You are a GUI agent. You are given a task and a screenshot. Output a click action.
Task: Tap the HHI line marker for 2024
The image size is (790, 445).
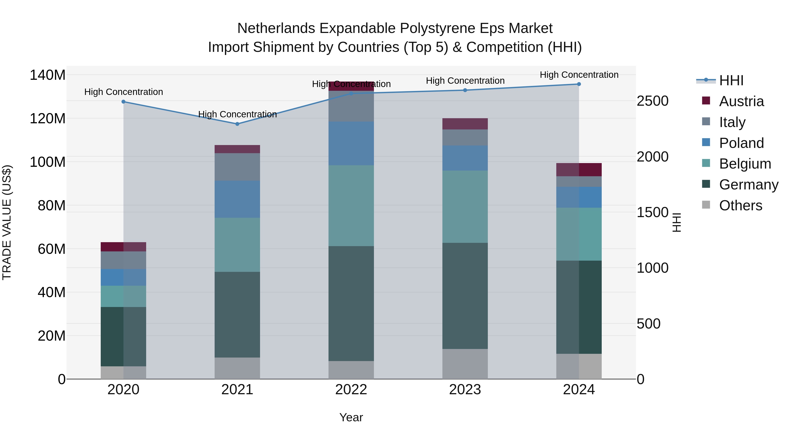(579, 84)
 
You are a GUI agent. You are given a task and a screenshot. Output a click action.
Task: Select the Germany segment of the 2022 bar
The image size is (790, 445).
(351, 303)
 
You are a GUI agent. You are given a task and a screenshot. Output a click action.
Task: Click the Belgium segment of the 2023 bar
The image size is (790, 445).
(465, 207)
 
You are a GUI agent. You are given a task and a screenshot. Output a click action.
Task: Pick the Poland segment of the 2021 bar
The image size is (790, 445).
(237, 199)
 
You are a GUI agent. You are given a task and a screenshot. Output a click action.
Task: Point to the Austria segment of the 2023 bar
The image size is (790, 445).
(465, 124)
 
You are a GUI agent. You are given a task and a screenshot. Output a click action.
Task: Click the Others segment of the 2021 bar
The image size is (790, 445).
(237, 368)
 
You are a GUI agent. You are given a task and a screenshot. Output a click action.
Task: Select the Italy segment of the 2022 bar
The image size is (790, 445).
(351, 106)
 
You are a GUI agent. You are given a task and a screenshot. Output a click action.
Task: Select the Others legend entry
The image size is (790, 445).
(740, 205)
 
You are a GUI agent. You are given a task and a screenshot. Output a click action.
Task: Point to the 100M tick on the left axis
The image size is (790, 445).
(48, 162)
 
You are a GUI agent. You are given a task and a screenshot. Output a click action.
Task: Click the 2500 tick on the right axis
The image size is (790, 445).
(652, 101)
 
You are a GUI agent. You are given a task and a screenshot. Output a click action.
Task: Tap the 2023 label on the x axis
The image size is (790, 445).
(465, 390)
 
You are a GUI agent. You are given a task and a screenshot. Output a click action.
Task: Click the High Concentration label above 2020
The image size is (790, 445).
(124, 92)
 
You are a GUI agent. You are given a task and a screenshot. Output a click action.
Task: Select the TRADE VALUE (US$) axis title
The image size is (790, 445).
(7, 222)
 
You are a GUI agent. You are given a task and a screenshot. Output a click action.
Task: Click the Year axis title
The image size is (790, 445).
(351, 417)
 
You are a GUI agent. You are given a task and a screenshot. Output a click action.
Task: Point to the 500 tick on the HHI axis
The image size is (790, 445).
(648, 324)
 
